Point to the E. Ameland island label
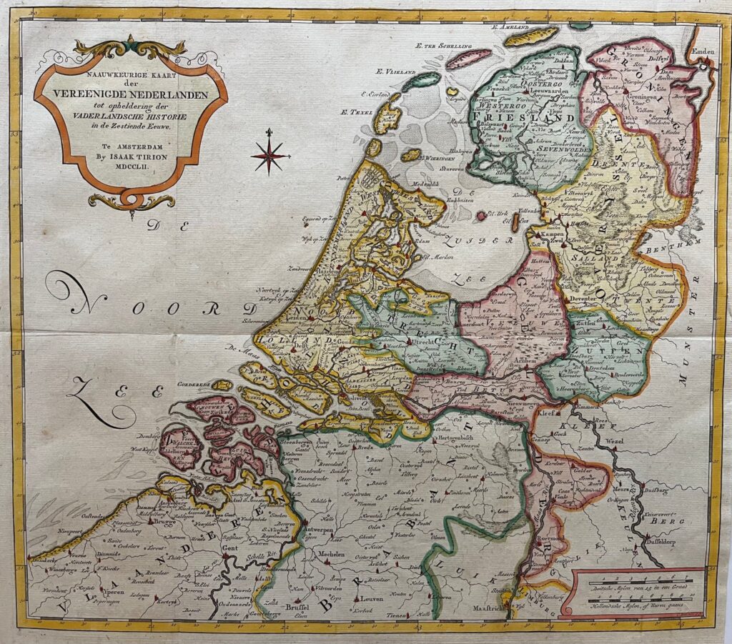508,26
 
